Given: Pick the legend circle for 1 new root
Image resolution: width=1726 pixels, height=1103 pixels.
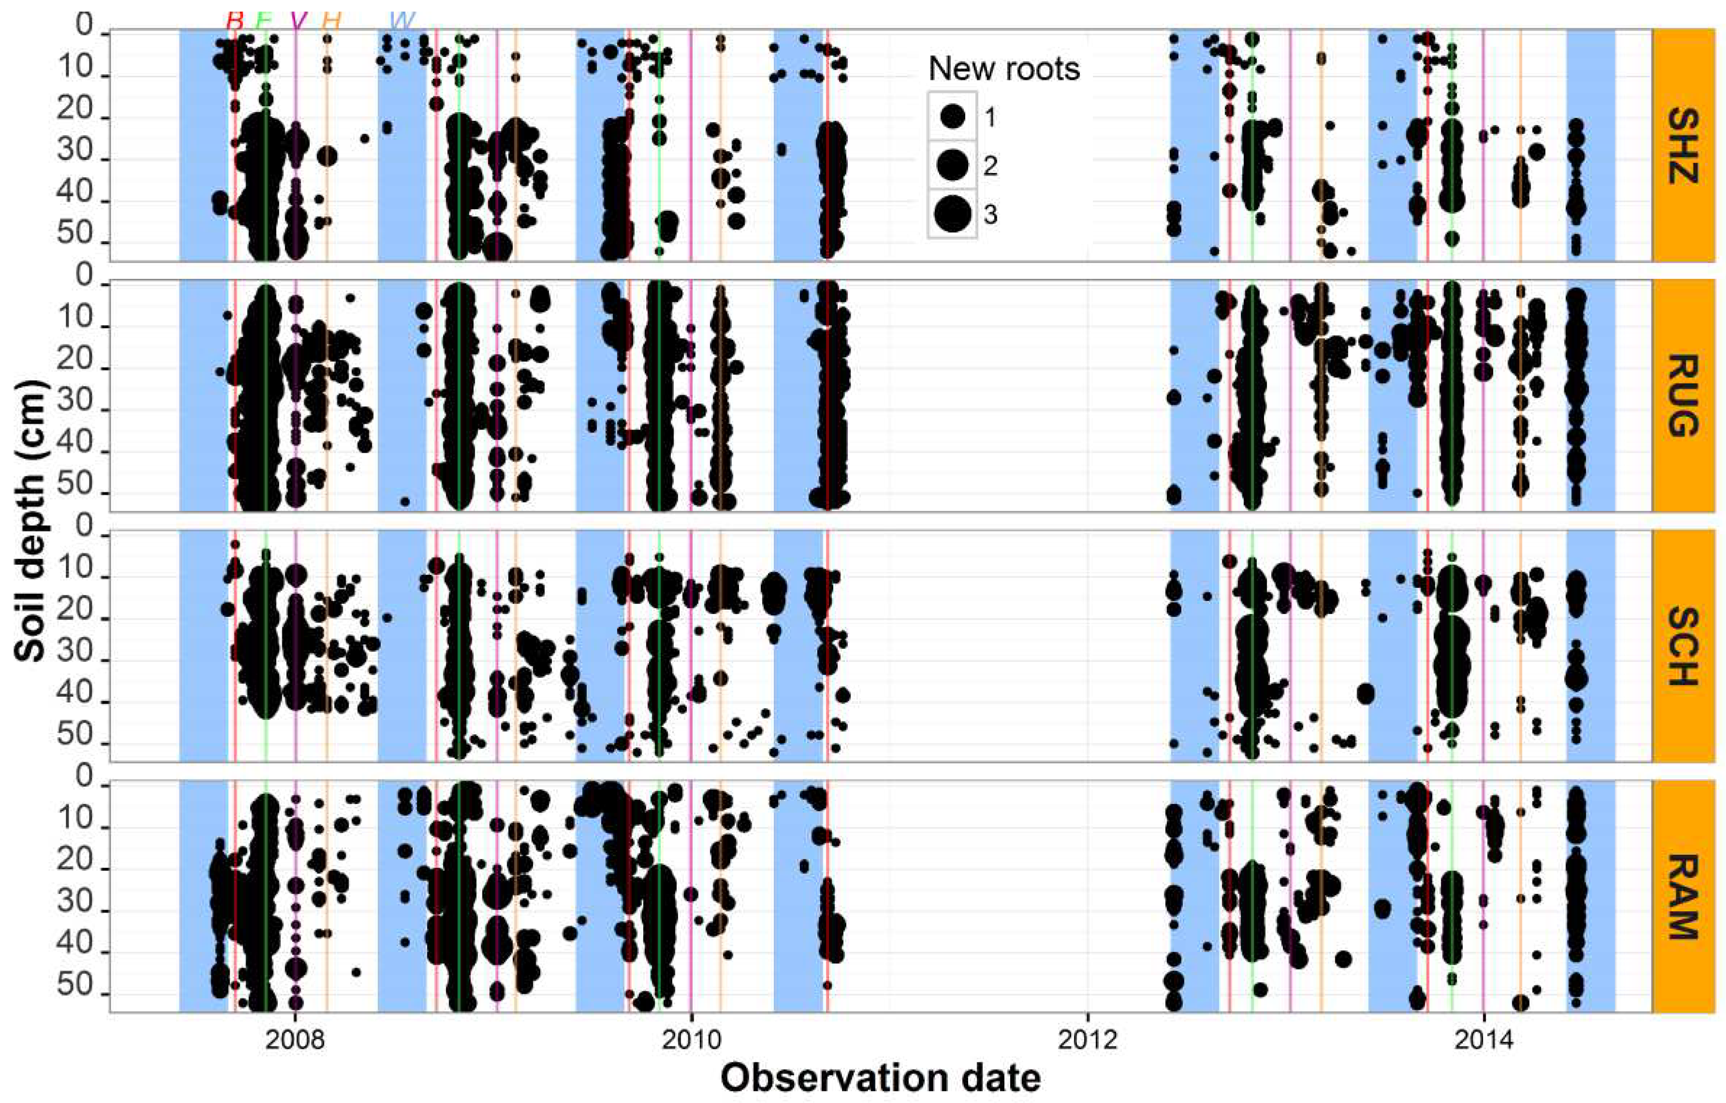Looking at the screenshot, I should click(x=953, y=116).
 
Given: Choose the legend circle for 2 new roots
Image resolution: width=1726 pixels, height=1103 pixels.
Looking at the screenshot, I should click(x=953, y=166).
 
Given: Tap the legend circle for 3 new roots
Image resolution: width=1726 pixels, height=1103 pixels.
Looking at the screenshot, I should click(x=953, y=214).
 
